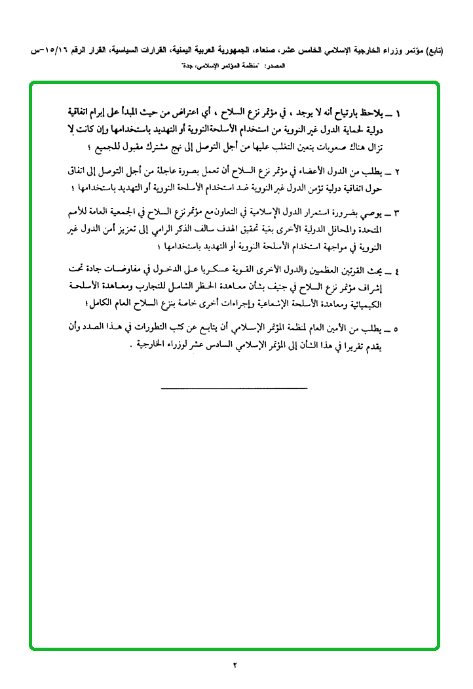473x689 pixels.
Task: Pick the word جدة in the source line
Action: click(189, 66)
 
